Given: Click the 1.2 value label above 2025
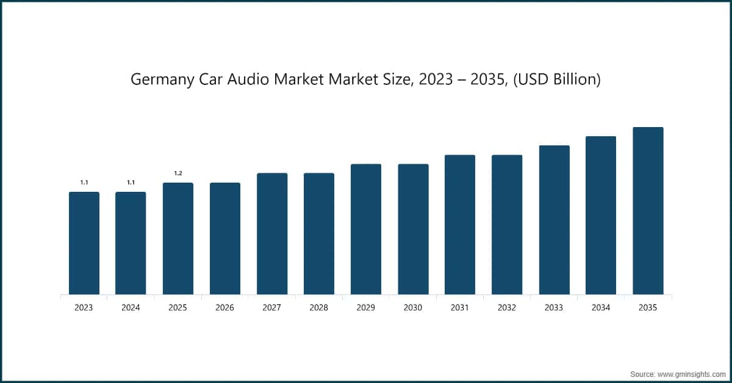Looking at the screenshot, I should (178, 173).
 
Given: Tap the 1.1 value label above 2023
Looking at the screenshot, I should (84, 183).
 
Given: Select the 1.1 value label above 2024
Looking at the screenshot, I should (131, 183).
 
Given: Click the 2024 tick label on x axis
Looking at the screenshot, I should (131, 308).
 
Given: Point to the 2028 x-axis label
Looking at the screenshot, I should (318, 308).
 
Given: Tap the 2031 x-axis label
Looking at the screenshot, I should (459, 308).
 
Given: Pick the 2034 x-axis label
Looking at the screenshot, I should (601, 308).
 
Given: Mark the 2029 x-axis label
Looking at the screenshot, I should (365, 308).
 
